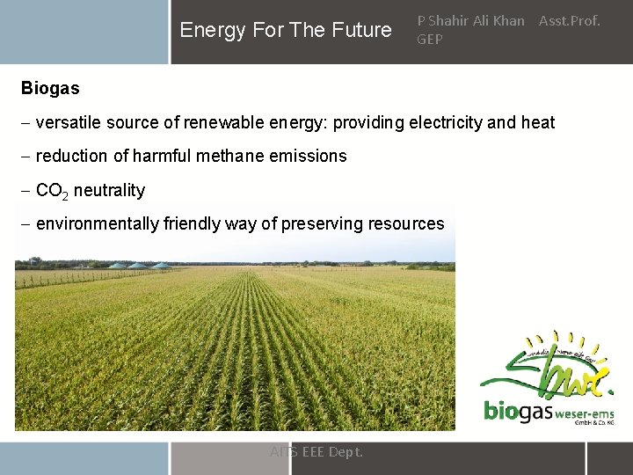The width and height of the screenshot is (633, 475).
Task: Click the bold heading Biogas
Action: click(50, 88)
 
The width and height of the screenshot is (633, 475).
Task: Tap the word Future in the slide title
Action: click(362, 30)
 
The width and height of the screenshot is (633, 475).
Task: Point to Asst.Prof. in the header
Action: click(569, 20)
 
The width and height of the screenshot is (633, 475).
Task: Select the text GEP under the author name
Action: click(430, 39)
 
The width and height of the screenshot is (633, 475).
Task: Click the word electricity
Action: click(441, 122)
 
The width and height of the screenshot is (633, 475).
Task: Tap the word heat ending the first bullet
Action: click(538, 122)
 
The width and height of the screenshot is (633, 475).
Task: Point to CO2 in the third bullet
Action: click(52, 191)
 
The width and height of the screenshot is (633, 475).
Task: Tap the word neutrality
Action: click(109, 190)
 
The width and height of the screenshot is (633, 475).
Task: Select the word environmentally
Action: click(98, 223)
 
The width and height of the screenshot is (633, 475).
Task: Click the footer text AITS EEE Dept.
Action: click(316, 452)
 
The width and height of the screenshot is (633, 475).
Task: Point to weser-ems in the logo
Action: click(583, 412)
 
